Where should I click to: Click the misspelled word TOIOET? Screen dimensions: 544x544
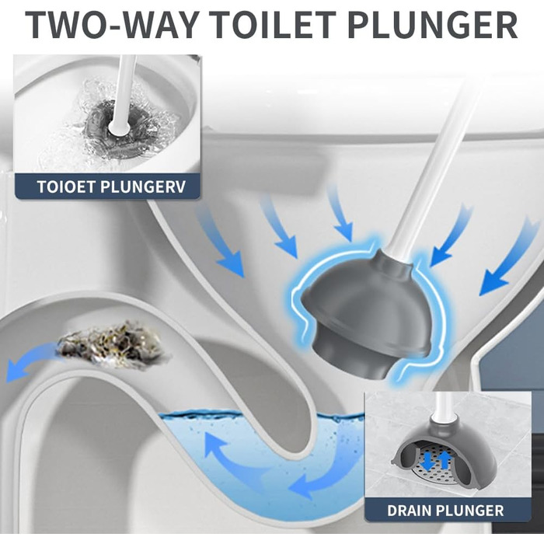point(66,187)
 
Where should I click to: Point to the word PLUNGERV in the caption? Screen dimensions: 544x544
point(143,187)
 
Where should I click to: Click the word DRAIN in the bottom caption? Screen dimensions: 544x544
point(409,511)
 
